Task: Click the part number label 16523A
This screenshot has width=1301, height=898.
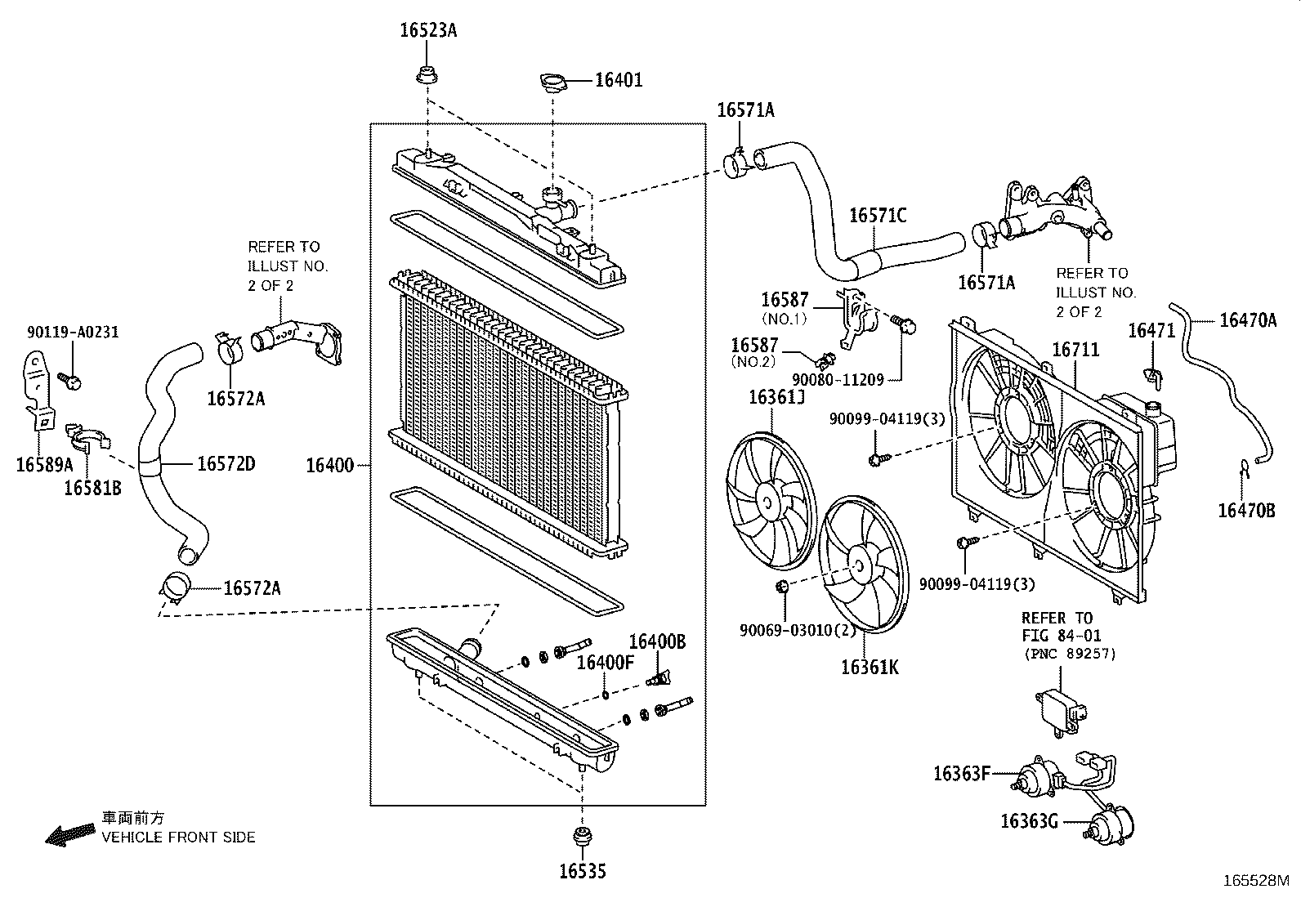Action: click(x=427, y=31)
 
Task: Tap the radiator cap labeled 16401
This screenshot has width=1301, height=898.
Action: click(x=552, y=81)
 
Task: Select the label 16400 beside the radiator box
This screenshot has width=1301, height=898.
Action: click(x=329, y=466)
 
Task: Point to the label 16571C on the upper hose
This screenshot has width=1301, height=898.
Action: click(x=878, y=216)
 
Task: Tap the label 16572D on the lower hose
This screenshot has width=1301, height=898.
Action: click(x=226, y=464)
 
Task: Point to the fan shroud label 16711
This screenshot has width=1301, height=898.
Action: click(x=1075, y=350)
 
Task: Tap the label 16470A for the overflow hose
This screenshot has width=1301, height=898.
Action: click(x=1247, y=319)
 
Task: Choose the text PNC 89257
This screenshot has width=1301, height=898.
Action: click(x=1069, y=654)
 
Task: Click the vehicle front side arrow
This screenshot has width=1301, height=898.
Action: click(x=69, y=833)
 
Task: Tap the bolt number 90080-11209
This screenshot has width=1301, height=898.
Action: click(x=838, y=380)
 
